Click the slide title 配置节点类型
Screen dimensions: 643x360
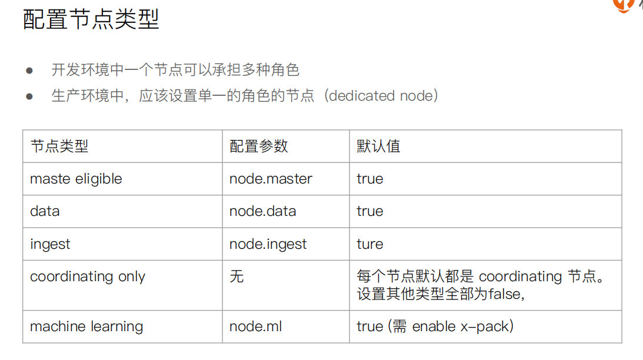coord(91,19)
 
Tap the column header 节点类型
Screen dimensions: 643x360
coord(59,146)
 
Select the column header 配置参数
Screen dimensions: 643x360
coord(259,146)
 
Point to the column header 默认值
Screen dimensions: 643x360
coord(378,146)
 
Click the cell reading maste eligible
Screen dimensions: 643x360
coord(76,179)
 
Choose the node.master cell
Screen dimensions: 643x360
coord(271,179)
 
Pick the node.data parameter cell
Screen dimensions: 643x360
coord(263,211)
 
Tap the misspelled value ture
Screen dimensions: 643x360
coord(370,244)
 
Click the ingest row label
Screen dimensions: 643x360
coord(50,244)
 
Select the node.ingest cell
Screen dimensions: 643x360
coord(268,244)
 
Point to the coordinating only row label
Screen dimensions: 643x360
coord(88,277)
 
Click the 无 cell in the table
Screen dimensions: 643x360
coord(236,276)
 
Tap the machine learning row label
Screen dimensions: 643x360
coord(86,326)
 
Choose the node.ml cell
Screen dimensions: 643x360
coord(255,326)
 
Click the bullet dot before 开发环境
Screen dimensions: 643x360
coord(29,71)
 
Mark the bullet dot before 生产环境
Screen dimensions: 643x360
coord(29,96)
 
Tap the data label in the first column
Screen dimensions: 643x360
coord(45,211)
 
